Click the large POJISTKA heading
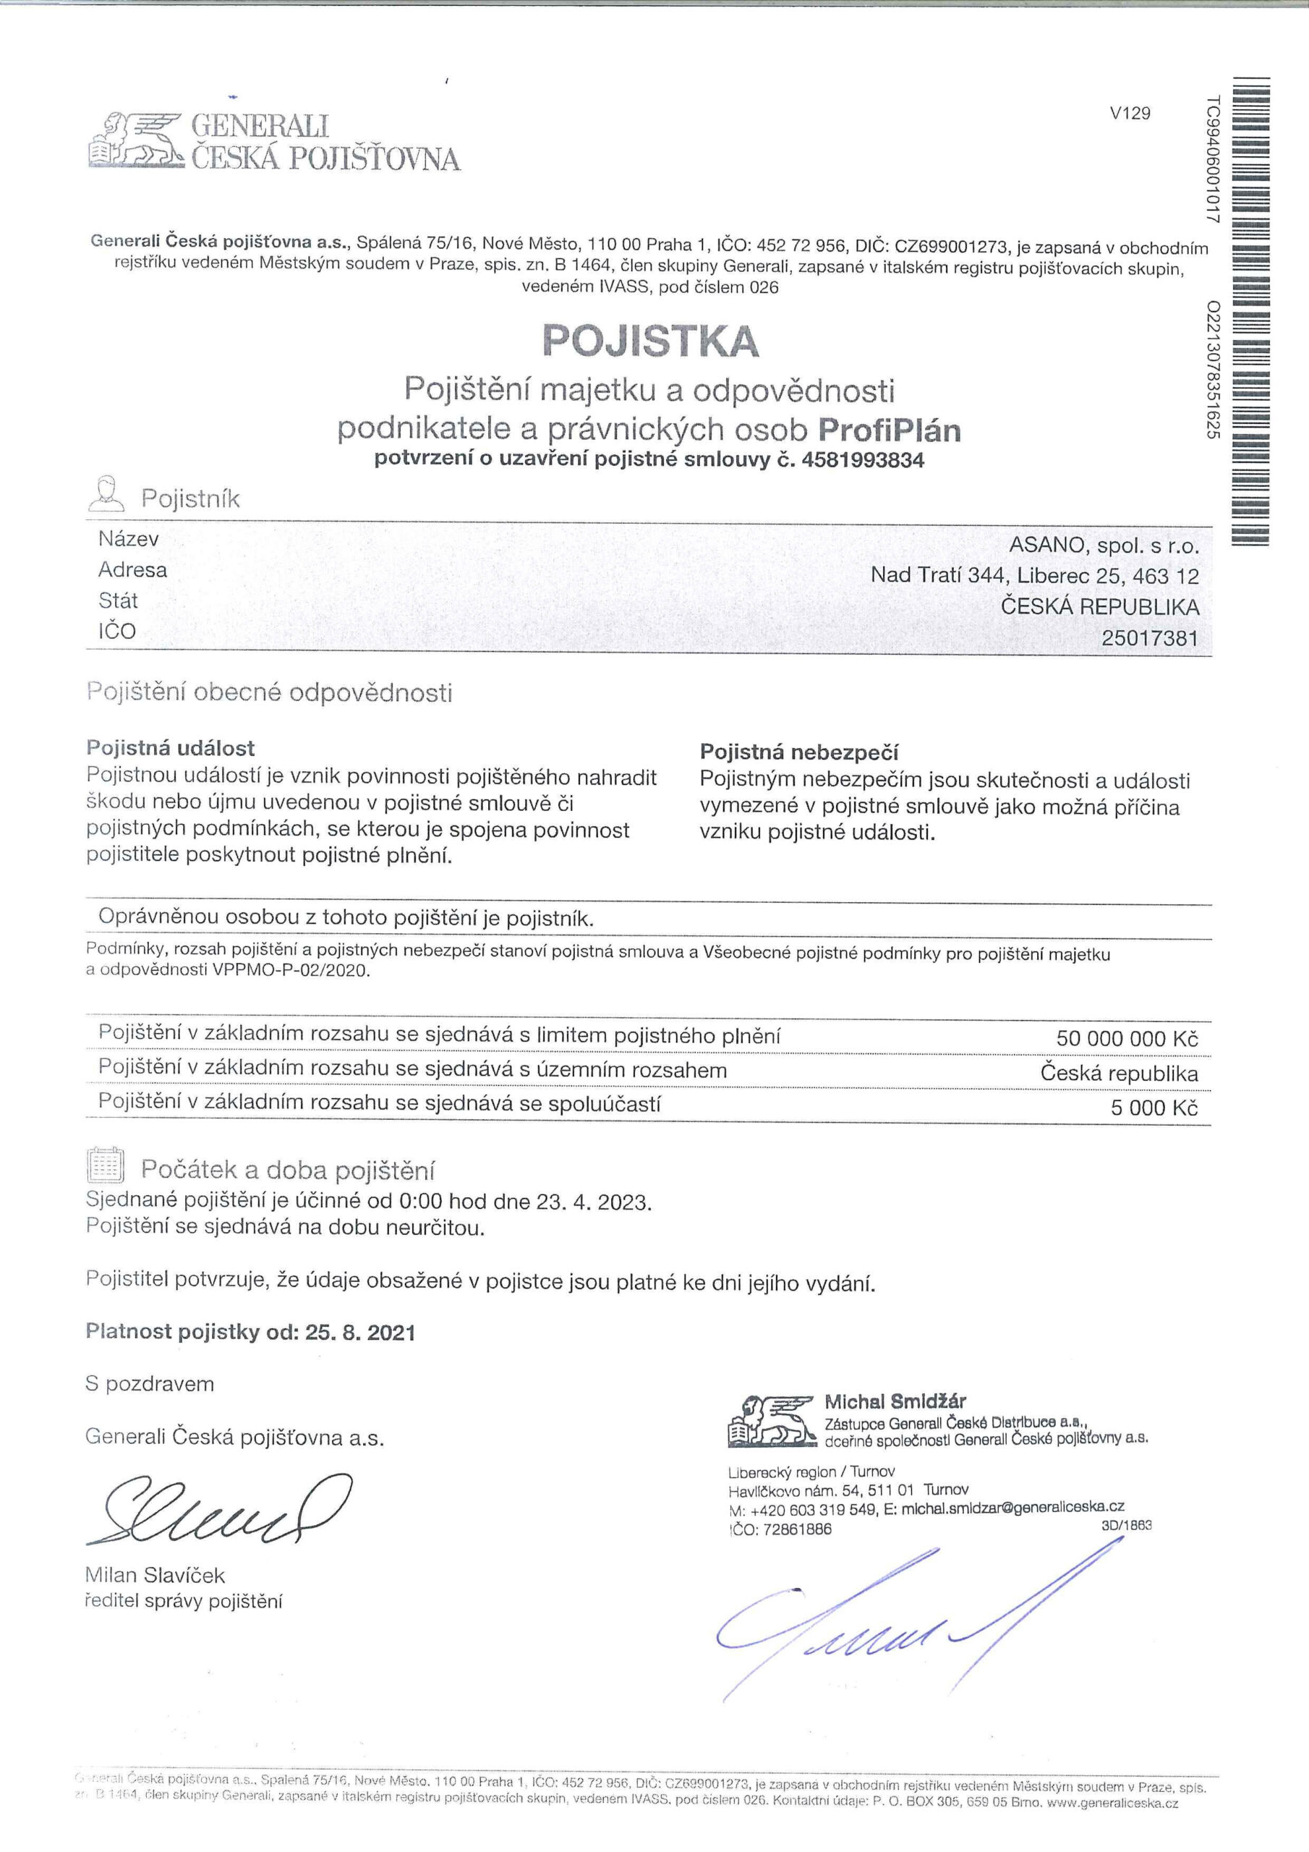651,341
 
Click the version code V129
1130,114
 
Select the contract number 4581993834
863,461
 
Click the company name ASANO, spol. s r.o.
1104,545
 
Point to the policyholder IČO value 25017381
1149,639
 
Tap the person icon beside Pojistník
107,494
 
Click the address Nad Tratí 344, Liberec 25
1034,576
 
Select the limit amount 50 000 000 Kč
1127,1039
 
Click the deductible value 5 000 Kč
1154,1108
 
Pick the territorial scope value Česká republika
1119,1074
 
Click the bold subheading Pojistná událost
170,748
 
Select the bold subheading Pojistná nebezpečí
798,752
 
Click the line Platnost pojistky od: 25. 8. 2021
251,1332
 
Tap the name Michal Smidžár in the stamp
895,1401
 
